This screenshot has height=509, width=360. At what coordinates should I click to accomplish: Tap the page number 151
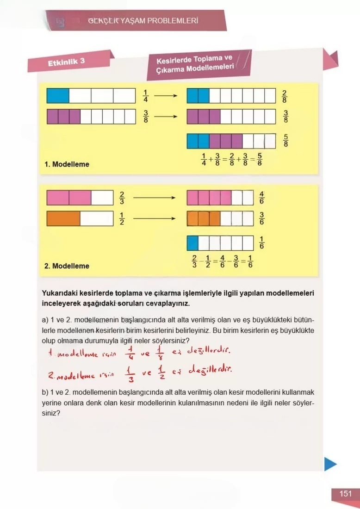click(x=345, y=494)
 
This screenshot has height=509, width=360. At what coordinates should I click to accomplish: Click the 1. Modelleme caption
click(x=67, y=164)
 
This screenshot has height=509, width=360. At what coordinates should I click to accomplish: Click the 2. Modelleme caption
click(x=67, y=266)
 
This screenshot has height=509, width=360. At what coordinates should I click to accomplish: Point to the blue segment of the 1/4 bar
click(x=58, y=96)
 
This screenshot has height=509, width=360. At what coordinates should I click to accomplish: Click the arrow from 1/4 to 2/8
click(x=166, y=96)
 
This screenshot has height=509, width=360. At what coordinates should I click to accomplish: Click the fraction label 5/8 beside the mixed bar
click(x=286, y=140)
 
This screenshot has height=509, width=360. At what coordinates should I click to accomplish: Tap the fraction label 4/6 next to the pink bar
click(x=261, y=198)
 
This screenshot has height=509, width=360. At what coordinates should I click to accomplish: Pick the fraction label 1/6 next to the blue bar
click(x=262, y=242)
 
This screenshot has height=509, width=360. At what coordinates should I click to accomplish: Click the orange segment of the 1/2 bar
click(x=63, y=218)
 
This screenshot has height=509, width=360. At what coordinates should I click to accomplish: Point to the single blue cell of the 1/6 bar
click(x=192, y=242)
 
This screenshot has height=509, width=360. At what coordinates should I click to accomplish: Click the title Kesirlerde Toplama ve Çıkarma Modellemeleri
click(x=194, y=64)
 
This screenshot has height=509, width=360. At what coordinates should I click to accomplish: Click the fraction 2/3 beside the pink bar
click(x=122, y=198)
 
